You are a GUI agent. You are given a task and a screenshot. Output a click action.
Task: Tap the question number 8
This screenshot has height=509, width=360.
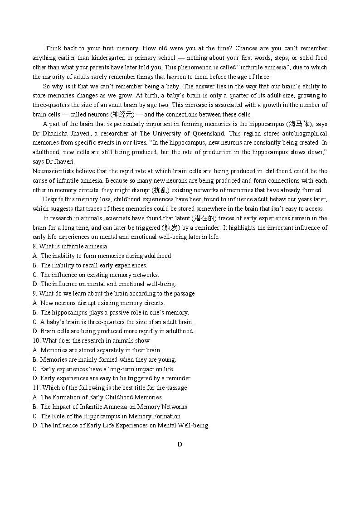(34, 247)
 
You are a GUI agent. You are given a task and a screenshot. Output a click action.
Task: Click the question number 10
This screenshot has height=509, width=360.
(36, 341)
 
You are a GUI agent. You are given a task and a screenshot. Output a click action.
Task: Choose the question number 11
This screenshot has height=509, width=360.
(36, 388)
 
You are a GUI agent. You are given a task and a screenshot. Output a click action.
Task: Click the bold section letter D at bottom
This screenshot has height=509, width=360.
(180, 445)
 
